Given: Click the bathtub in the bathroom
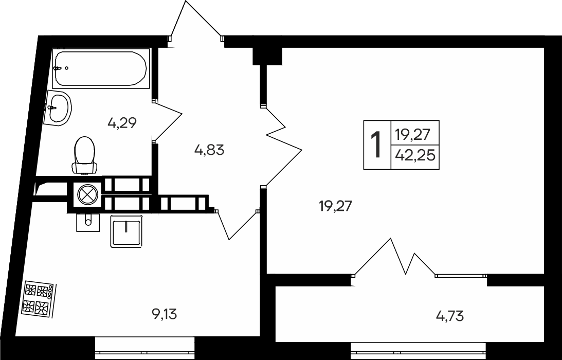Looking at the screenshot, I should [x=101, y=68].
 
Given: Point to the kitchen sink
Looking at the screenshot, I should [x=126, y=231].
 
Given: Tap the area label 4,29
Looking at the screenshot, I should [x=122, y=123].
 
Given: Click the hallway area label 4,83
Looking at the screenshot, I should [x=209, y=150].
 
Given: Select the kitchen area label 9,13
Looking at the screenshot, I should [x=165, y=314].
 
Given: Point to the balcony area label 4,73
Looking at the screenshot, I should [x=449, y=315].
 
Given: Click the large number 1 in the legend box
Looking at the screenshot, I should [x=377, y=145].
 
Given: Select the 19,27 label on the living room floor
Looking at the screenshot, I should [x=335, y=207].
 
